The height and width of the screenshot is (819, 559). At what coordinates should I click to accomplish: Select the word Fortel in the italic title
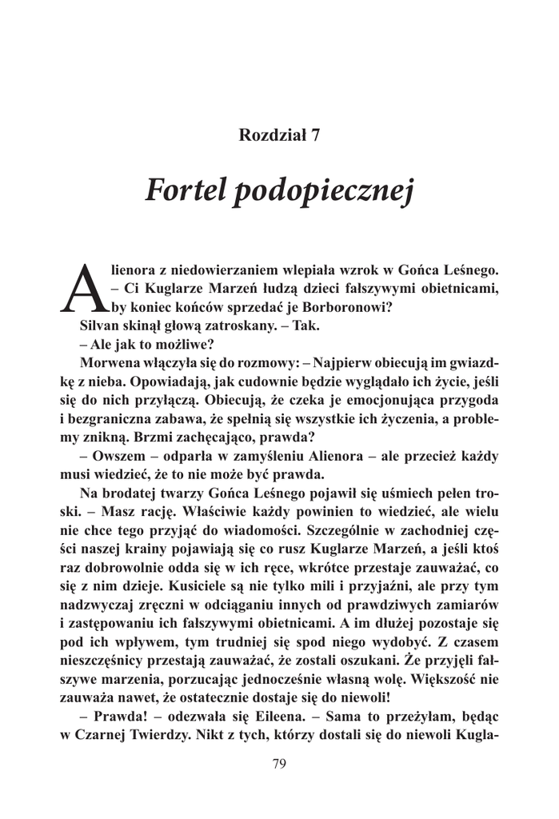[184, 192]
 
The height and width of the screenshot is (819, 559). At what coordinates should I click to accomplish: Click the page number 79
[279, 764]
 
